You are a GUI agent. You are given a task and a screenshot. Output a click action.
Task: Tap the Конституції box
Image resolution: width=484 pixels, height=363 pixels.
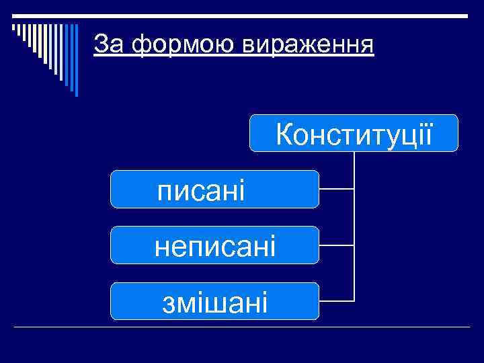(354, 133)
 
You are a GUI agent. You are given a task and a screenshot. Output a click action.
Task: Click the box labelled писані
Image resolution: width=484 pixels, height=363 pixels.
(214, 190)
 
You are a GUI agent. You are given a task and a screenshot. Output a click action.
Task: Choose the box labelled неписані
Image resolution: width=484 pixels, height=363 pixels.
(214, 245)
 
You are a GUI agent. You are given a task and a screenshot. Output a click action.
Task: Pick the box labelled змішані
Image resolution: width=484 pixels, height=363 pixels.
(214, 301)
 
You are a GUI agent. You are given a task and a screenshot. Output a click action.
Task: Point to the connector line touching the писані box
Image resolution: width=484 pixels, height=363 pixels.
(336, 190)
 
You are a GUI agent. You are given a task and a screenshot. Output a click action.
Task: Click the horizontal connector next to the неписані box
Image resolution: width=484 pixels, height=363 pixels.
(336, 245)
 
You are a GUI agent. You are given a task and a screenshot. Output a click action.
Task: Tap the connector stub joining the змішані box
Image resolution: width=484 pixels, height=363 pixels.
(336, 300)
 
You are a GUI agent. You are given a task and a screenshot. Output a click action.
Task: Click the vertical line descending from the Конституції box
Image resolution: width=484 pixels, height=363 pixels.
(354, 222)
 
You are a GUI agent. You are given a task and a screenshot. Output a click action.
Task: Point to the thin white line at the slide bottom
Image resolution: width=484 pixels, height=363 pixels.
(242, 327)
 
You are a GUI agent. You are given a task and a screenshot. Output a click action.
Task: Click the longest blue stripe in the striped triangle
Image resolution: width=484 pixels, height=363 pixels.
(76, 61)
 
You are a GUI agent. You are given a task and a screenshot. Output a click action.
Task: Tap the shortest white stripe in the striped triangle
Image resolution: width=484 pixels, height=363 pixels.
(15, 28)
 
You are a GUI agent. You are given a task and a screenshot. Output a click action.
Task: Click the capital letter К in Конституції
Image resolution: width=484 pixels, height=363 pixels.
(284, 134)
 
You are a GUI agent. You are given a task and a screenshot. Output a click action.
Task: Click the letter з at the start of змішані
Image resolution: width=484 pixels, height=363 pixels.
(168, 302)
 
